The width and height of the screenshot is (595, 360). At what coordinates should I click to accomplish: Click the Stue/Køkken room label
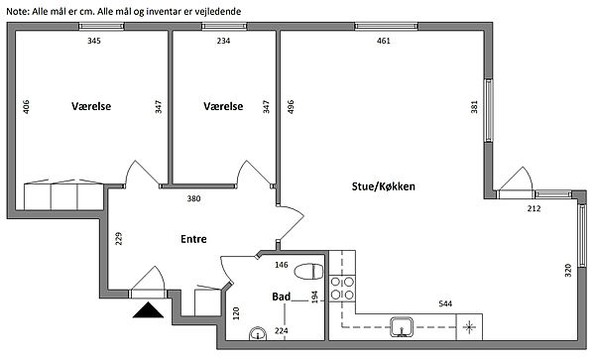[x=383, y=186]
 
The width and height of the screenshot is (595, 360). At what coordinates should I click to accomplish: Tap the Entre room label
[x=193, y=239]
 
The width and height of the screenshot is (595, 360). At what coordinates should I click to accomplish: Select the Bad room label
[x=282, y=297]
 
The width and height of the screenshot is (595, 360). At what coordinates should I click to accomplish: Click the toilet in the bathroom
[x=308, y=272]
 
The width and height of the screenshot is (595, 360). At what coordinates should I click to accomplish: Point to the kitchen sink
[x=402, y=327]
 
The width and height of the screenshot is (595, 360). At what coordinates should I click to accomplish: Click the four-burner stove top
[x=342, y=289]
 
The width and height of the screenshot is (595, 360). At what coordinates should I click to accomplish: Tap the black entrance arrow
[x=148, y=310]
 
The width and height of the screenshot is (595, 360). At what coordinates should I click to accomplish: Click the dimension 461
[x=384, y=41]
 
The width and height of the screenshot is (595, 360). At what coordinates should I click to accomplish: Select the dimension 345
[x=94, y=41]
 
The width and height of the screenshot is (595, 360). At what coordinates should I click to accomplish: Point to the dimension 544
[x=445, y=303]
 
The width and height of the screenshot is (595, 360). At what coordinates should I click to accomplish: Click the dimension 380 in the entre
[x=193, y=198]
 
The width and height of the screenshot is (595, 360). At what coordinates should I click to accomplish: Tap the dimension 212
[x=534, y=208]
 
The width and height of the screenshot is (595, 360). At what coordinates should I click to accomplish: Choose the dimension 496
[x=291, y=106]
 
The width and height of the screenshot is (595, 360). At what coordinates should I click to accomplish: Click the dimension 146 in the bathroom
[x=282, y=265]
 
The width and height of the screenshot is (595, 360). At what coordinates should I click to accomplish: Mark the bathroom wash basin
[x=258, y=334]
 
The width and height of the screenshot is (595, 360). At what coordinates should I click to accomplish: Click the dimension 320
[x=567, y=270]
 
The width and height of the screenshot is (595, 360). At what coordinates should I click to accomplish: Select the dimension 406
[x=26, y=106]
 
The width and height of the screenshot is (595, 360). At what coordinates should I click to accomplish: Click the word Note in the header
[x=18, y=11]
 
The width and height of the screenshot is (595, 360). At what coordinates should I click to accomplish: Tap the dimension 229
[x=118, y=238]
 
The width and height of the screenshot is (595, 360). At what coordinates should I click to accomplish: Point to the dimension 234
[x=223, y=41]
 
